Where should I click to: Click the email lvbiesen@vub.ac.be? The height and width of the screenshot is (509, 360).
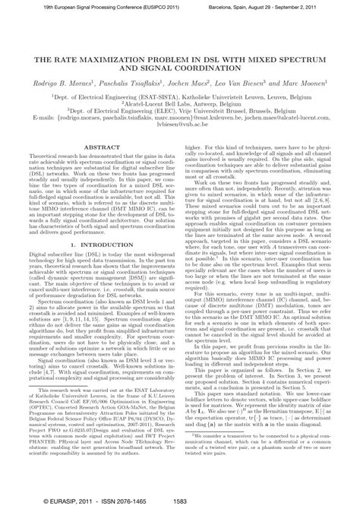click(180, 125)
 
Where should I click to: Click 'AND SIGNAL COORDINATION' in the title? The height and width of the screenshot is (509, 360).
click(180, 67)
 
